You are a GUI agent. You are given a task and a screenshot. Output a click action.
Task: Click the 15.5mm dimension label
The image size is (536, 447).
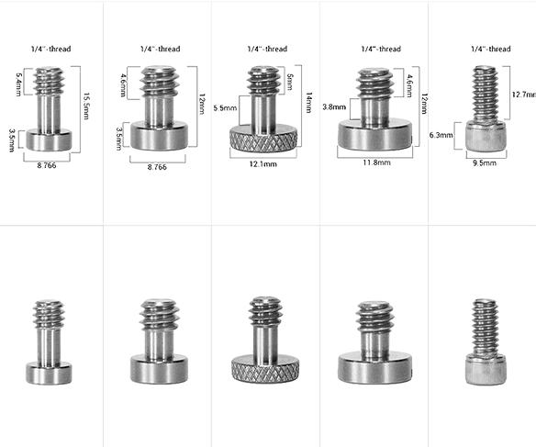tap(86, 106)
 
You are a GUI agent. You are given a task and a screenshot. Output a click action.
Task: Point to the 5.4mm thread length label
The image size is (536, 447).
tap(18, 84)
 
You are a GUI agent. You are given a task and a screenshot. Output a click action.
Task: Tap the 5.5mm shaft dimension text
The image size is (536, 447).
tap(225, 108)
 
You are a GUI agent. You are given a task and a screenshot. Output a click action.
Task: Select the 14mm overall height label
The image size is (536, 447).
tap(308, 103)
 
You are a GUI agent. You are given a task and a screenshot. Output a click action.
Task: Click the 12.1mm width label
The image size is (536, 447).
tap(262, 164)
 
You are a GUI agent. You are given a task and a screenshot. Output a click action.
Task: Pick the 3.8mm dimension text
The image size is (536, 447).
tap(334, 107)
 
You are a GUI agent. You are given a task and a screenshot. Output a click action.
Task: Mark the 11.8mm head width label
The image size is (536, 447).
tap(376, 162)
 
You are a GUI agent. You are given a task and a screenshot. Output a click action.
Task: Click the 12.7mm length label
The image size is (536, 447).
tap(524, 94)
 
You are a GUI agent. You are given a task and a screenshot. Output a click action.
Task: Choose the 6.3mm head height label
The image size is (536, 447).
tap(441, 135)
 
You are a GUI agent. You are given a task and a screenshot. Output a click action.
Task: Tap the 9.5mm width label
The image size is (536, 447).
tap(485, 163)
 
